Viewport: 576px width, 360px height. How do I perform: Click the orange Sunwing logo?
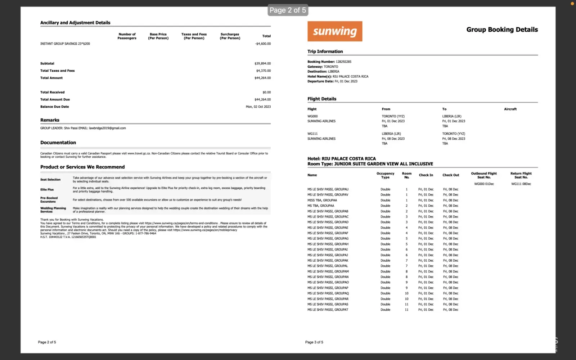(335, 31)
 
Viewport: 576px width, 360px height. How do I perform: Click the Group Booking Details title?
(502, 30)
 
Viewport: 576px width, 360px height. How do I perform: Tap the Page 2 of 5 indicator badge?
(288, 10)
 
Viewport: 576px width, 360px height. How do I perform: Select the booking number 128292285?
(343, 62)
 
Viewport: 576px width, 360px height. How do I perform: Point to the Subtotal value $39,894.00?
(262, 63)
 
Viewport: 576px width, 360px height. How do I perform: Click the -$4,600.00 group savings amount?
(263, 44)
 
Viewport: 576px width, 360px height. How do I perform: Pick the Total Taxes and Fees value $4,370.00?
(263, 71)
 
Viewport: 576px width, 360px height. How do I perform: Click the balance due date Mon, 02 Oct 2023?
(258, 107)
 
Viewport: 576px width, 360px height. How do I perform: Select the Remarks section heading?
(50, 120)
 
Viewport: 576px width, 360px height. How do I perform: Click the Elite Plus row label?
(47, 189)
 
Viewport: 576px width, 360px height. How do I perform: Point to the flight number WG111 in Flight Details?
(312, 134)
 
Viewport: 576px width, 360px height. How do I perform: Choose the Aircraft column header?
(510, 109)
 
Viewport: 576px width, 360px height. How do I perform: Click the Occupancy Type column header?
(385, 175)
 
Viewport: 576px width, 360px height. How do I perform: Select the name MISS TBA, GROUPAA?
(322, 200)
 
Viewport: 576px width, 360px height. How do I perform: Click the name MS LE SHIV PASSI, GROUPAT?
(328, 310)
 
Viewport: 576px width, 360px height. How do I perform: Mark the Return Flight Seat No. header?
(521, 175)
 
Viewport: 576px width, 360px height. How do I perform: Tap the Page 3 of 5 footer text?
(314, 342)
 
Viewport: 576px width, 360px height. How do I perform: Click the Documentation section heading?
(58, 143)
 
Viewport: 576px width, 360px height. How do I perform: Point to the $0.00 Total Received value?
(266, 92)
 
